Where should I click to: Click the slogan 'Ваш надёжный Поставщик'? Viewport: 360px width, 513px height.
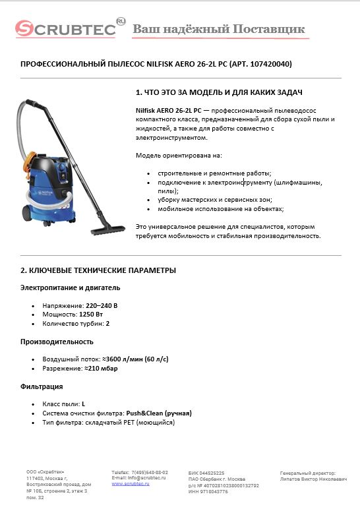pyautogui.click(x=219, y=30)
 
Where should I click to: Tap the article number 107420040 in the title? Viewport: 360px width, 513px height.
pyautogui.click(x=268, y=65)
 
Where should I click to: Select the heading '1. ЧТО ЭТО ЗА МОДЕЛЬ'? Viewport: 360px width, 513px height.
pyautogui.click(x=219, y=92)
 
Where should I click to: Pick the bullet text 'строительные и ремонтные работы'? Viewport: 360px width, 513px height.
pyautogui.click(x=210, y=172)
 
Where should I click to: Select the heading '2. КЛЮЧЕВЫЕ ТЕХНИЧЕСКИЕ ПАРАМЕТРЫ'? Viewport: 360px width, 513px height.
pyautogui.click(x=98, y=270)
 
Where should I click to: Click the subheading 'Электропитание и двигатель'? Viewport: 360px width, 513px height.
pyautogui.click(x=70, y=287)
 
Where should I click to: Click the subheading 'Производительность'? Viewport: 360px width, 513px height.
pyautogui.click(x=57, y=342)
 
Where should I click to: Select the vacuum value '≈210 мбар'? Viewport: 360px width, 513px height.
pyautogui.click(x=104, y=369)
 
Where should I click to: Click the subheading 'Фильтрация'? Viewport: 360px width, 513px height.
pyautogui.click(x=42, y=386)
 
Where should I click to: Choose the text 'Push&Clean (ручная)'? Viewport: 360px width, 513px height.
pyautogui.click(x=159, y=413)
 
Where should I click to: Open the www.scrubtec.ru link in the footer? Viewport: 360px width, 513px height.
pyautogui.click(x=131, y=484)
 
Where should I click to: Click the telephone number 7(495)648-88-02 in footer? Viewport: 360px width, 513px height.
pyautogui.click(x=150, y=472)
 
